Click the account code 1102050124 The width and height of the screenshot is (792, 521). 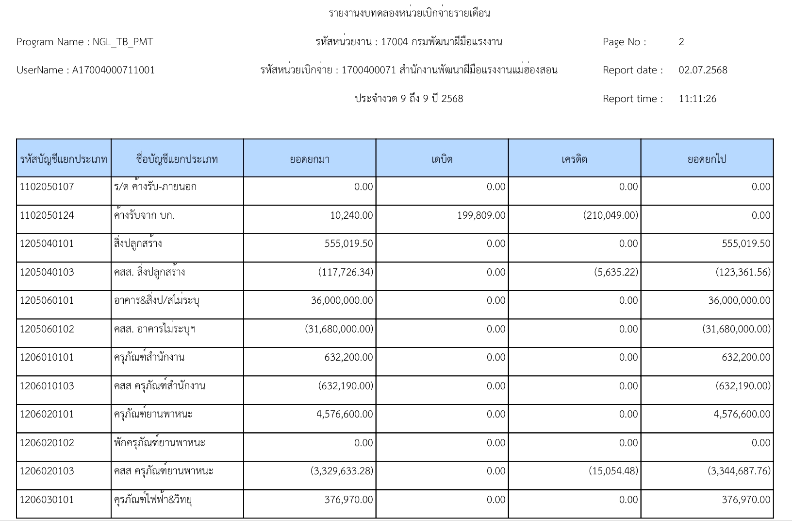click(x=47, y=215)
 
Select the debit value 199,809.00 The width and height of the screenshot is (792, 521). click(x=481, y=215)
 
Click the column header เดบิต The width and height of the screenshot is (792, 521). click(x=442, y=159)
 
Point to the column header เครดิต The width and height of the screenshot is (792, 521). click(x=574, y=159)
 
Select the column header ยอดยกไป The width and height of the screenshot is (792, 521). click(x=707, y=159)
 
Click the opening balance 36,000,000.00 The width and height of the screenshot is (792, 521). click(x=342, y=300)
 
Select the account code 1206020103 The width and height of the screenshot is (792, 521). click(x=47, y=471)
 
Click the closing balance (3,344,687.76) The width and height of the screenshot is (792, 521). click(x=739, y=471)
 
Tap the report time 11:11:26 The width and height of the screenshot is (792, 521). click(x=697, y=99)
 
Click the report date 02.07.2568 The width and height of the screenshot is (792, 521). click(x=703, y=70)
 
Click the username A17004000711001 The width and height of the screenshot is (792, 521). click(x=113, y=70)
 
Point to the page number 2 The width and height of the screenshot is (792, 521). click(x=681, y=42)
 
